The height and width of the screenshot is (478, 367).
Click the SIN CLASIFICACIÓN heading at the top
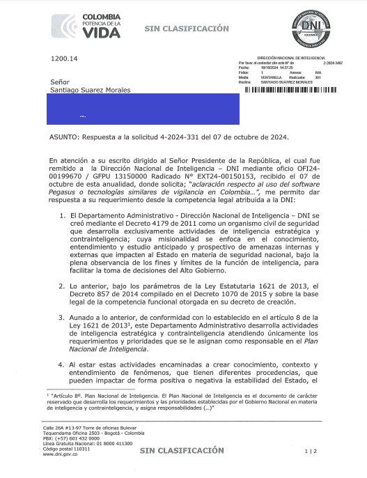click(186, 29)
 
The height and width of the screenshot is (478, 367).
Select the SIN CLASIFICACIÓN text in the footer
click(182, 452)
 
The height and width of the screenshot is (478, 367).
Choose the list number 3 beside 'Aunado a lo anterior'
click(63, 316)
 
